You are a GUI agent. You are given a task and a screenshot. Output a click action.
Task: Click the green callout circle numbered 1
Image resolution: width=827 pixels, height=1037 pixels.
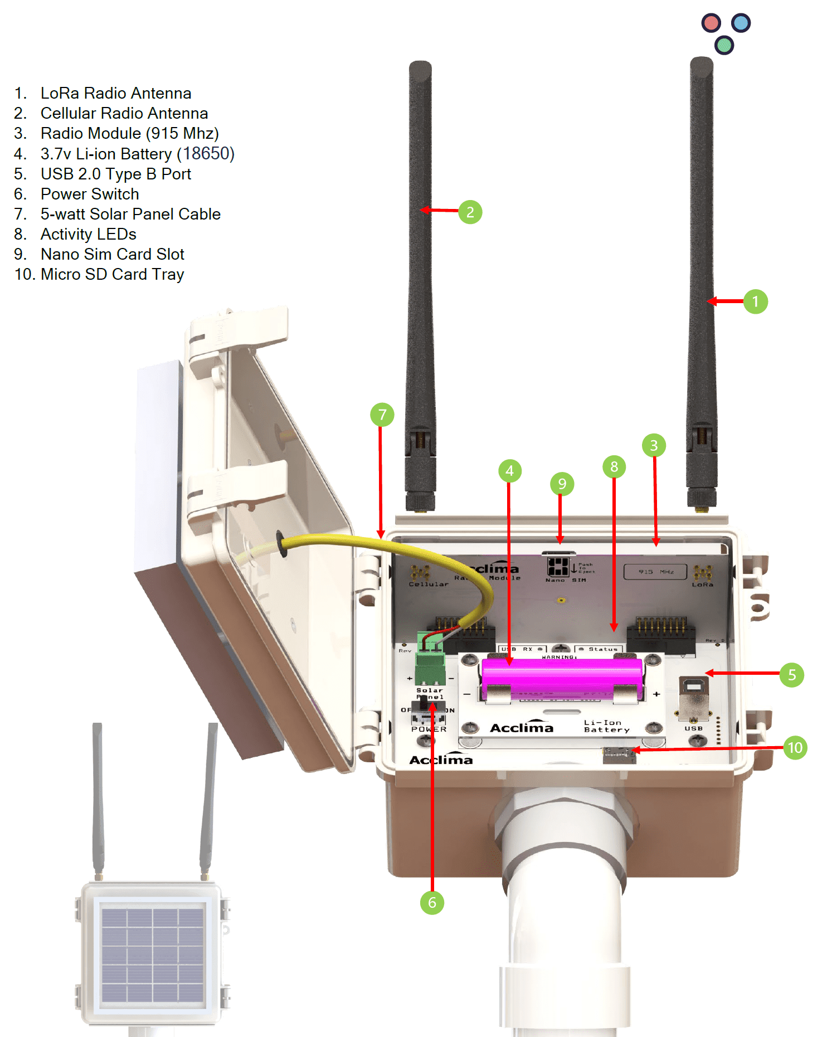[755, 301]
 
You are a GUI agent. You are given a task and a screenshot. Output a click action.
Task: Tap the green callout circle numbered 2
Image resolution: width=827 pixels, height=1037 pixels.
[470, 212]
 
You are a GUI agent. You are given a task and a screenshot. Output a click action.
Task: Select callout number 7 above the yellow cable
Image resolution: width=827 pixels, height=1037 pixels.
[382, 415]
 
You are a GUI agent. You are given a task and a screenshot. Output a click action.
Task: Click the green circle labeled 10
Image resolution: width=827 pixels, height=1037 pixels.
[795, 747]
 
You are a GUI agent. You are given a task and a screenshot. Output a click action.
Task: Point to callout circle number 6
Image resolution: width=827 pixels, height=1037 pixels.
[432, 902]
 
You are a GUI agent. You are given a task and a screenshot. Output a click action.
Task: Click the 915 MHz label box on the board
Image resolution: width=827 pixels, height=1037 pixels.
[655, 572]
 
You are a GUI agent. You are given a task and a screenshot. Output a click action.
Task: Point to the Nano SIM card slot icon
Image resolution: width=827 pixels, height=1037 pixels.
[558, 567]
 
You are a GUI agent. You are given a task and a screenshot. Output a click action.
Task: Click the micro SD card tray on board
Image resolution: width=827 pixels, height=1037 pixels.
[619, 755]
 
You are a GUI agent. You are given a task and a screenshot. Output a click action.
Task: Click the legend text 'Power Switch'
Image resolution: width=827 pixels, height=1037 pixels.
[90, 194]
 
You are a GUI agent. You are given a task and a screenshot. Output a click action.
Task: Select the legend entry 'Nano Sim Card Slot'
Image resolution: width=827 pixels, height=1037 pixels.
[112, 254]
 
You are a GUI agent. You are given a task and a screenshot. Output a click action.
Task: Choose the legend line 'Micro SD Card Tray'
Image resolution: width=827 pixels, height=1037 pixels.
[112, 274]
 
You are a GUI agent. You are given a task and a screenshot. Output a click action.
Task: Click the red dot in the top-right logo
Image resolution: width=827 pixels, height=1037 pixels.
[711, 23]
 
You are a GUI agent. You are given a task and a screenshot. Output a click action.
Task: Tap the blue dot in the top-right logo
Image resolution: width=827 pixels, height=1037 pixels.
[741, 23]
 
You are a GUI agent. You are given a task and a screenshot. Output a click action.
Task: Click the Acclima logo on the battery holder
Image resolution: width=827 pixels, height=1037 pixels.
[522, 727]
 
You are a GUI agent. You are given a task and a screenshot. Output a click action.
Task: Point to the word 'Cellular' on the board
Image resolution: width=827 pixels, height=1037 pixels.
[428, 584]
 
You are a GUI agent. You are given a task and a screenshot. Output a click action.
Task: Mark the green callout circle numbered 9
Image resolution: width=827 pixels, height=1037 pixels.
[562, 484]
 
